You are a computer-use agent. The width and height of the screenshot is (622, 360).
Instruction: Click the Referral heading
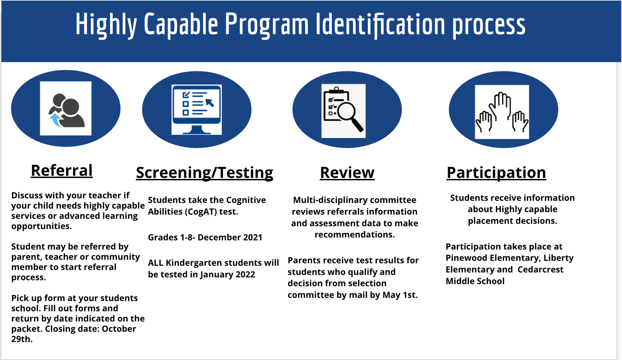pyautogui.click(x=62, y=170)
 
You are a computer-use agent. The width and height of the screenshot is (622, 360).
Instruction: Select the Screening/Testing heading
pyautogui.click(x=205, y=173)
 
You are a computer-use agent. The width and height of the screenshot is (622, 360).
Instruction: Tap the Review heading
pyautogui.click(x=347, y=173)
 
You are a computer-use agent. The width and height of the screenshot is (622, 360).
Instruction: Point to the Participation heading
pyautogui.click(x=496, y=173)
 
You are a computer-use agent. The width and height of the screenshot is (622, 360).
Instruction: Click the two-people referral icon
pyautogui.click(x=66, y=109)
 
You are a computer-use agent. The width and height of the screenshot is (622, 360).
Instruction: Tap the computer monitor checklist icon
pyautogui.click(x=197, y=110)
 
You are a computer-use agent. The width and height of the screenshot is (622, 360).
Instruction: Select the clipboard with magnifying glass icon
pyautogui.click(x=343, y=111)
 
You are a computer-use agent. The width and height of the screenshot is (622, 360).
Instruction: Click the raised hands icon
pyautogui.click(x=502, y=112)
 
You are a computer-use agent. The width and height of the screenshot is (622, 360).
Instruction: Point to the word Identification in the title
pyautogui.click(x=381, y=24)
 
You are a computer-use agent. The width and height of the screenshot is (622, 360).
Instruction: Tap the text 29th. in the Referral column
pyautogui.click(x=22, y=339)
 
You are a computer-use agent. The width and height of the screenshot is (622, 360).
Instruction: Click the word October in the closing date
pyautogui.click(x=119, y=329)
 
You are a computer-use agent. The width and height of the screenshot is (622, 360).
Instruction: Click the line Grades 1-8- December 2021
pyautogui.click(x=205, y=237)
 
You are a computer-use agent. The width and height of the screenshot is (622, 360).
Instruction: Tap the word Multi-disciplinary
pyautogui.click(x=330, y=200)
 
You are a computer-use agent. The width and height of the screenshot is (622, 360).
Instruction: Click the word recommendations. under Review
pyautogui.click(x=355, y=235)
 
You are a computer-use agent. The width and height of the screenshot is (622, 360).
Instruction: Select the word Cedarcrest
pyautogui.click(x=540, y=270)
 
